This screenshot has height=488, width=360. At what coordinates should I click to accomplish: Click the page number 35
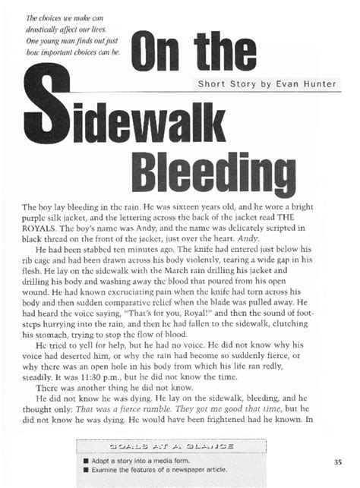coord(337,461)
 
